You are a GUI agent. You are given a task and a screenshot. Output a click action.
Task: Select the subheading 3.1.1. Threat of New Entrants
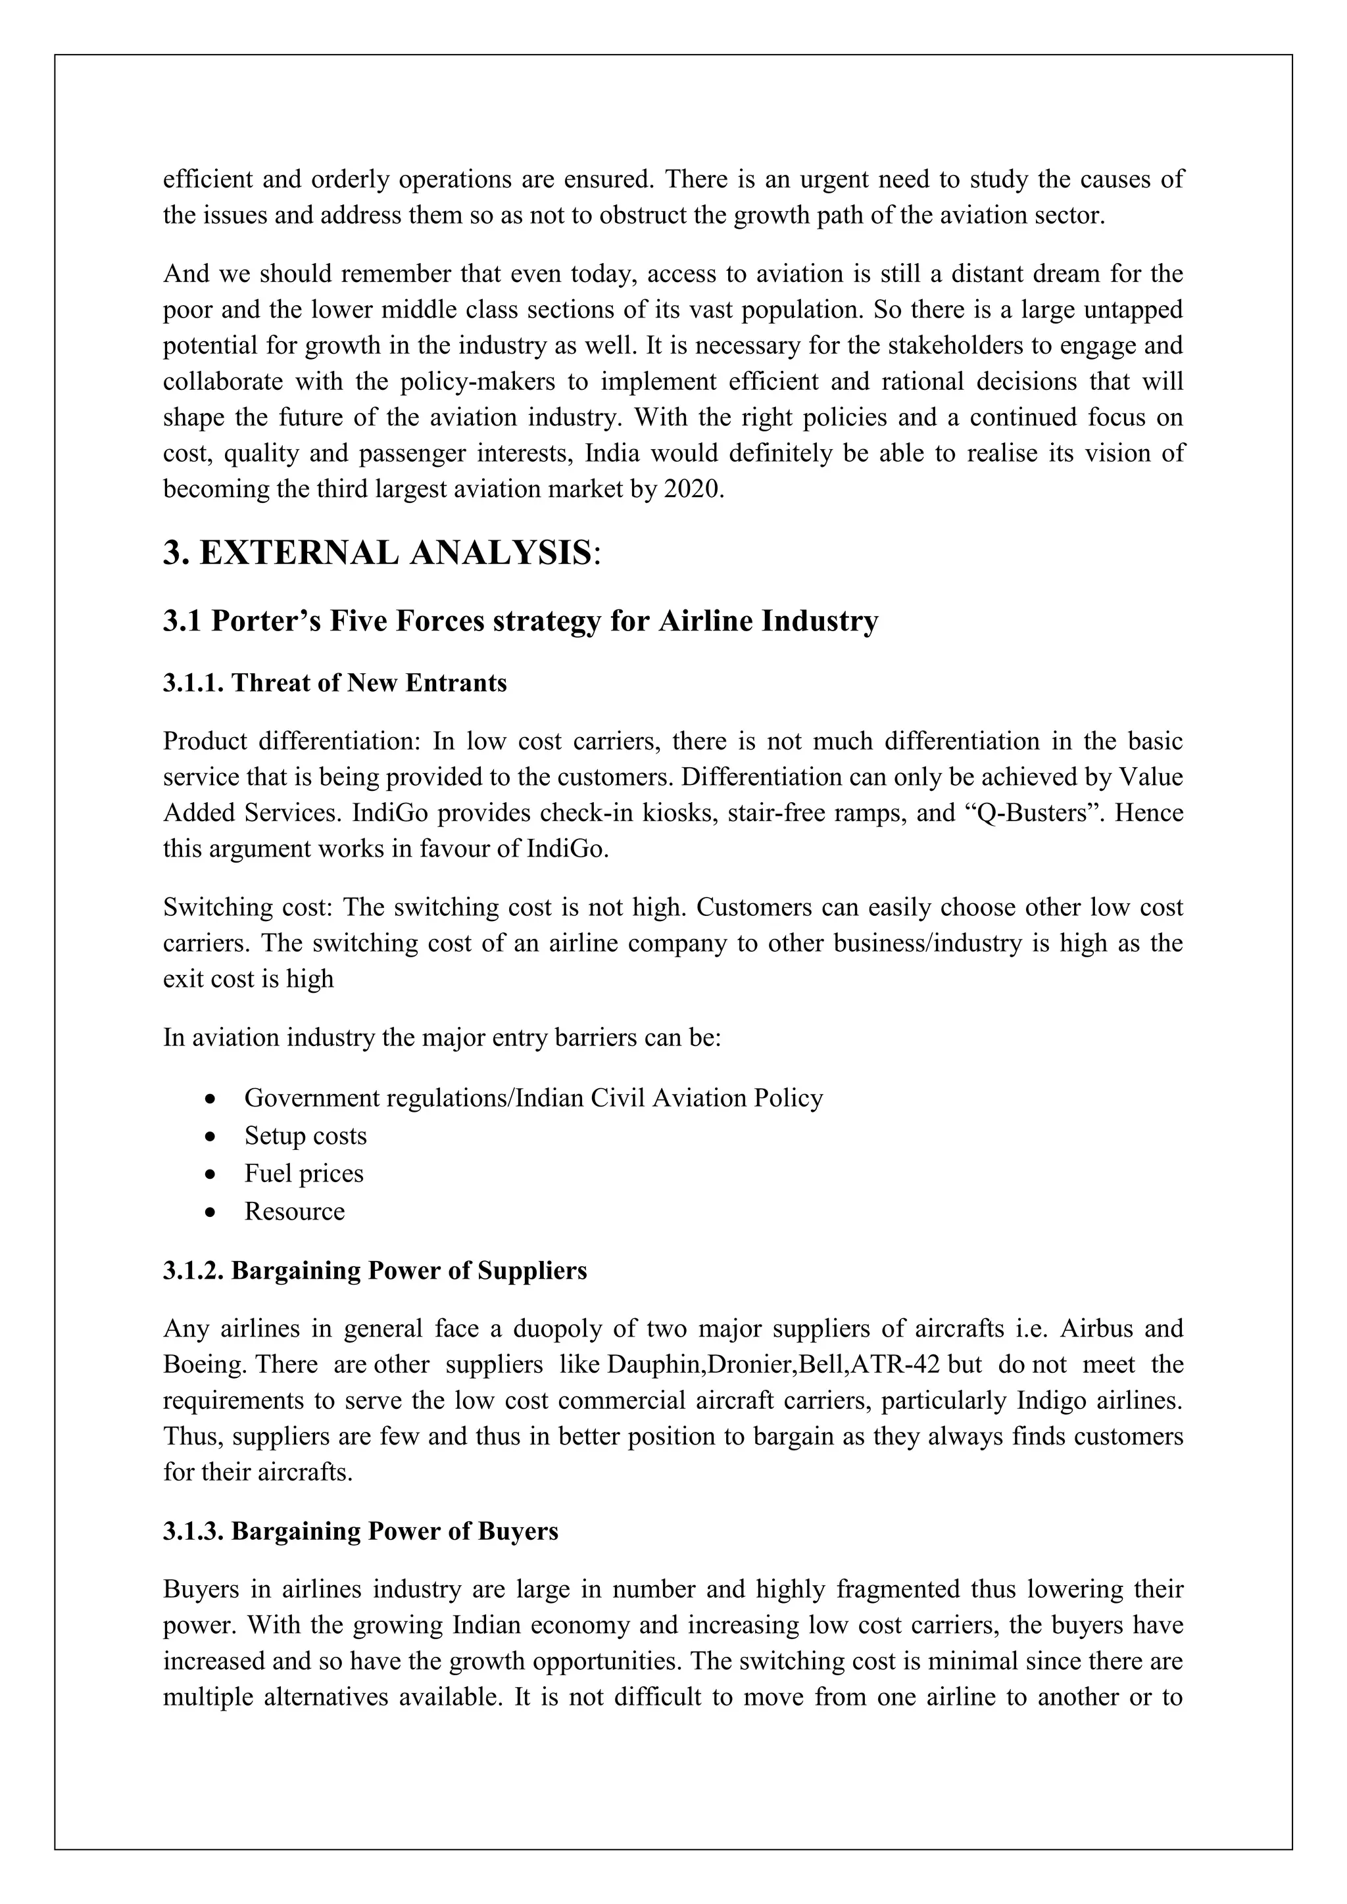pos(334,682)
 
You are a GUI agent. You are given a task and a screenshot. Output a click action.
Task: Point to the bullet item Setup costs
pos(305,1135)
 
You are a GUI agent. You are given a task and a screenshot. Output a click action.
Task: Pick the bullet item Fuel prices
pos(304,1174)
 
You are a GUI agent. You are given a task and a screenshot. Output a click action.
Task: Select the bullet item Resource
pos(295,1211)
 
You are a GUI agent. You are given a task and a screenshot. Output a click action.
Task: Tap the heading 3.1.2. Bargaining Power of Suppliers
pos(374,1270)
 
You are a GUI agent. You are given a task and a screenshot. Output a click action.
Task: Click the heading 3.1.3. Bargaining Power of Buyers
pos(360,1531)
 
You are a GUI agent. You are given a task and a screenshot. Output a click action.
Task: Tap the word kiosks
pos(681,813)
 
